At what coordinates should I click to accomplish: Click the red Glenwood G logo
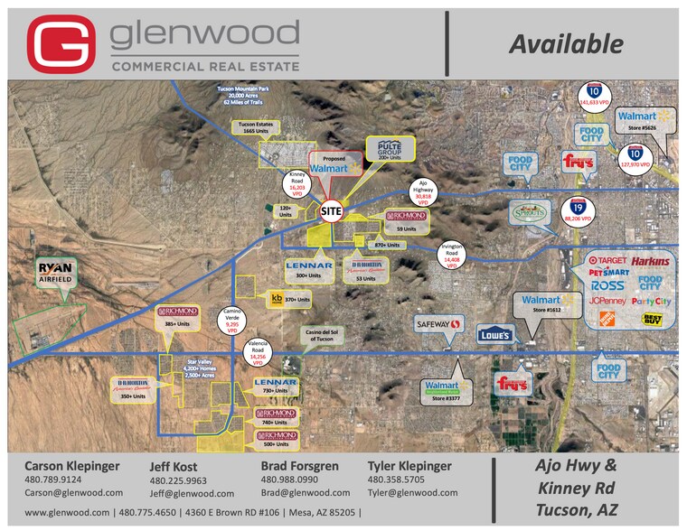tap(61, 43)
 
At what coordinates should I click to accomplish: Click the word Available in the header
tap(565, 43)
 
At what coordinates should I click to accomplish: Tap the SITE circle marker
tap(333, 210)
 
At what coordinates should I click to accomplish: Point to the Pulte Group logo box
tap(390, 149)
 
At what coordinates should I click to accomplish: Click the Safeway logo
tap(438, 323)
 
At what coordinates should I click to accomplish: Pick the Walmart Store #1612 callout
tap(541, 303)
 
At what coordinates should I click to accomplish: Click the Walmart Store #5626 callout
tap(645, 119)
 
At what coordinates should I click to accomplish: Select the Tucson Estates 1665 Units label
tap(256, 126)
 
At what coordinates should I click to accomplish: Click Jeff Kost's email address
tap(192, 493)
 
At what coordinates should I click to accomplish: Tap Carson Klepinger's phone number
tap(52, 480)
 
